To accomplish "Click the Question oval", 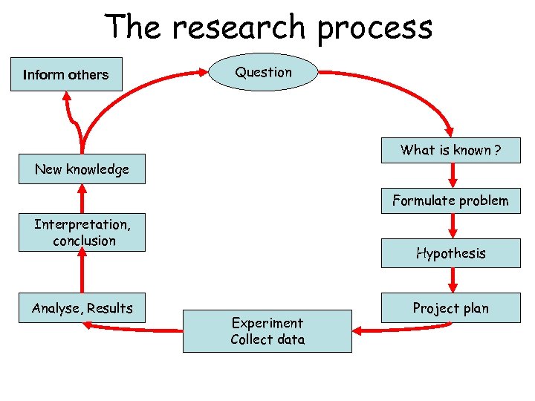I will point(264,72).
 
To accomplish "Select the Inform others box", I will point(66,74).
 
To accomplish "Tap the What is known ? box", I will point(450,151).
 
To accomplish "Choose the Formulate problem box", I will point(450,200).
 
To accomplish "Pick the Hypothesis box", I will point(450,253).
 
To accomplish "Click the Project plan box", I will point(450,308).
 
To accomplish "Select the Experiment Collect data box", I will point(267,331).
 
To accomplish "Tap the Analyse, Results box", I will point(82,308).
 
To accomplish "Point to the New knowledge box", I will point(82,169).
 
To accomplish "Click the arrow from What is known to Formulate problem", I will point(453,176).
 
